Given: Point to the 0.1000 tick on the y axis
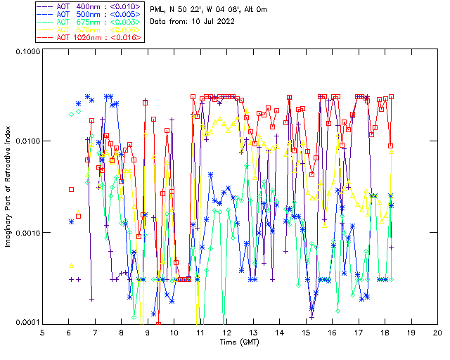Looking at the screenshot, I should [x=27, y=52].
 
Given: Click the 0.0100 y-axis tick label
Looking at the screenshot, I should [x=27, y=142].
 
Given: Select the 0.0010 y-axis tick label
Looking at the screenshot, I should [x=27, y=233].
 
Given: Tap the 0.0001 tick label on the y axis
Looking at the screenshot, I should [x=27, y=323].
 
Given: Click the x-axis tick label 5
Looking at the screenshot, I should [x=42, y=332].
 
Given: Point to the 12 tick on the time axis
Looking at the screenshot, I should [x=226, y=332].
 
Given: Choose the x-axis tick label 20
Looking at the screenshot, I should [x=437, y=332].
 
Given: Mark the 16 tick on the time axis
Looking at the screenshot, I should [x=332, y=332].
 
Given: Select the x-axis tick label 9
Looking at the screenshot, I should [x=148, y=332].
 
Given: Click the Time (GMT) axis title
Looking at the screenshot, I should [x=240, y=342].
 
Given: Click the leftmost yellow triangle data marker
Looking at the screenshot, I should [x=72, y=266].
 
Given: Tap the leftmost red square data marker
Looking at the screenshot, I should [x=72, y=189].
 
